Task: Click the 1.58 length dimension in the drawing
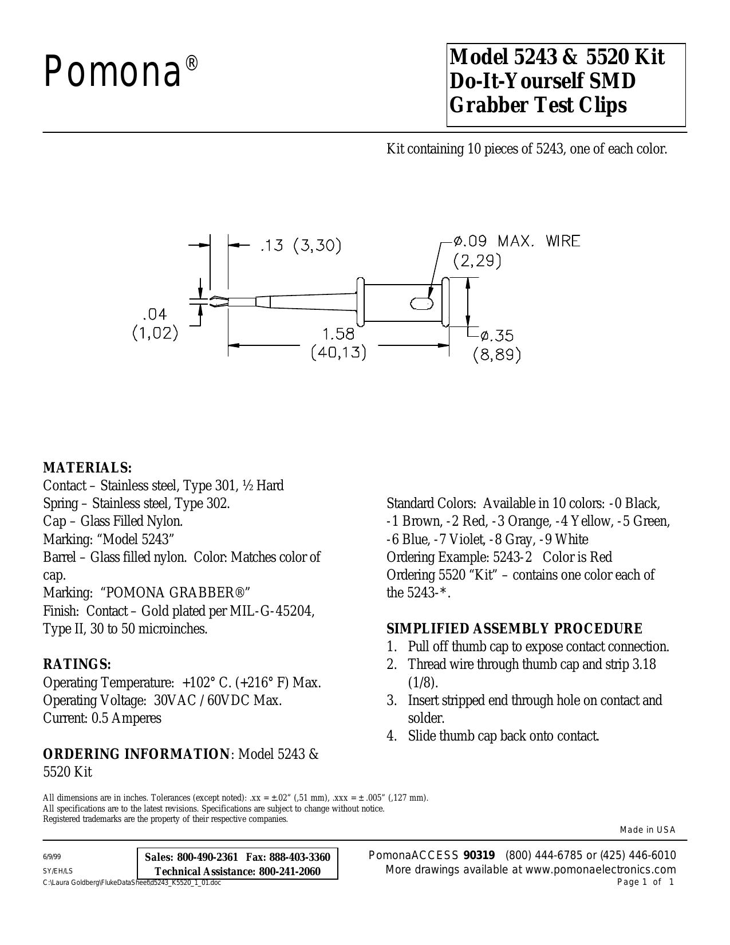[339, 334]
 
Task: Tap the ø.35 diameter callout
[497, 335]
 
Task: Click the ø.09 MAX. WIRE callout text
[516, 241]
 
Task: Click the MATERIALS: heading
[88, 468]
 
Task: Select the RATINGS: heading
[77, 664]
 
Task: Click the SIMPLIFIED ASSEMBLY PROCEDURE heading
[514, 629]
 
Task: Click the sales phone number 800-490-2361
[207, 857]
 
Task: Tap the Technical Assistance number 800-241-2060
[290, 872]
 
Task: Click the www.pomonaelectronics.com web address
[601, 870]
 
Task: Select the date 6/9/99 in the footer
[52, 857]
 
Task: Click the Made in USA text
[648, 830]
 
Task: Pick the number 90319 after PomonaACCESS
[479, 856]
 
